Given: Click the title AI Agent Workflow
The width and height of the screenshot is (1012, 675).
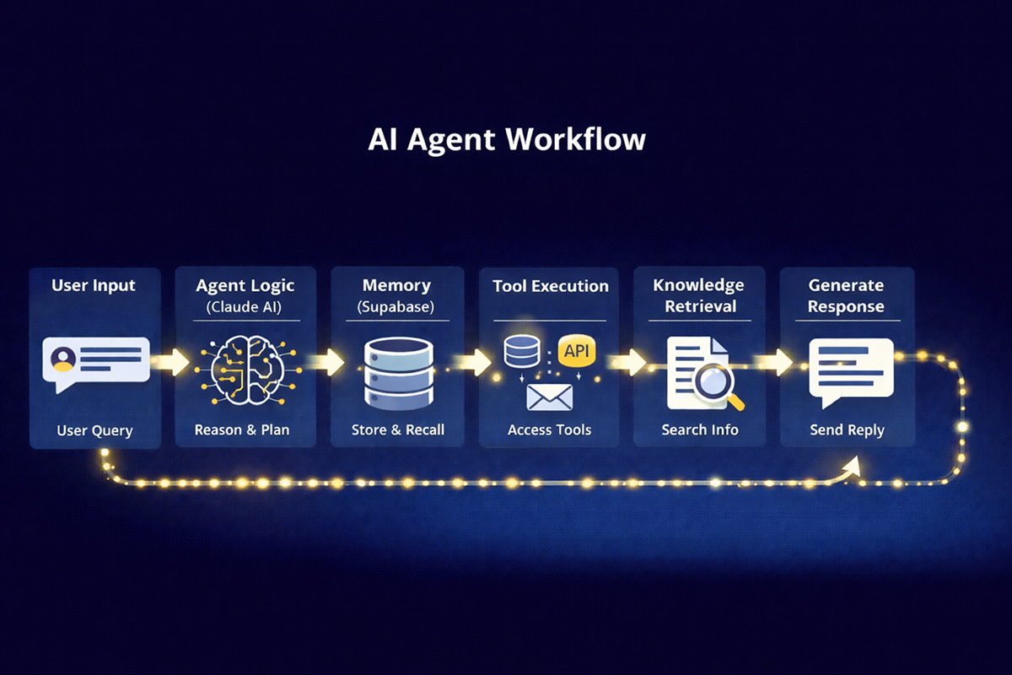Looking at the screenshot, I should pyautogui.click(x=506, y=139).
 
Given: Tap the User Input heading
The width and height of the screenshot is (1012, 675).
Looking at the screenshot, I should pyautogui.click(x=94, y=284).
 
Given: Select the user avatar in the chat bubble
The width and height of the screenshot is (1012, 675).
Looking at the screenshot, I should pyautogui.click(x=62, y=360).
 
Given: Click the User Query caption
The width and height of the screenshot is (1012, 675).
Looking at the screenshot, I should pyautogui.click(x=94, y=430).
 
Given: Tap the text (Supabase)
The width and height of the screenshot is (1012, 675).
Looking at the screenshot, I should pyautogui.click(x=396, y=307).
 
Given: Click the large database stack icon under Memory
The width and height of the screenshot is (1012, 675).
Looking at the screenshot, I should pyautogui.click(x=396, y=372).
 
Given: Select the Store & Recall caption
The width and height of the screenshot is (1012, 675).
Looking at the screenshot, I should pyautogui.click(x=397, y=429).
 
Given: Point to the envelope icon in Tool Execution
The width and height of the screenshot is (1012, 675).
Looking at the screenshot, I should pyautogui.click(x=549, y=397).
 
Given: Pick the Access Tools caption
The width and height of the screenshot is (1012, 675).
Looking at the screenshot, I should pyautogui.click(x=549, y=429).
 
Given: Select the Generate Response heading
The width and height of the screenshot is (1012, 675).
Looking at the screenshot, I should pyautogui.click(x=846, y=295).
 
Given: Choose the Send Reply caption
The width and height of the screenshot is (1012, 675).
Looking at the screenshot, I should pyautogui.click(x=847, y=429).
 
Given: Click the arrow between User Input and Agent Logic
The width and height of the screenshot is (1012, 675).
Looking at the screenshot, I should pyautogui.click(x=171, y=361).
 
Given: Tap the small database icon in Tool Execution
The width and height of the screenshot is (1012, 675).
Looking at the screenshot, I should pyautogui.click(x=521, y=351).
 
